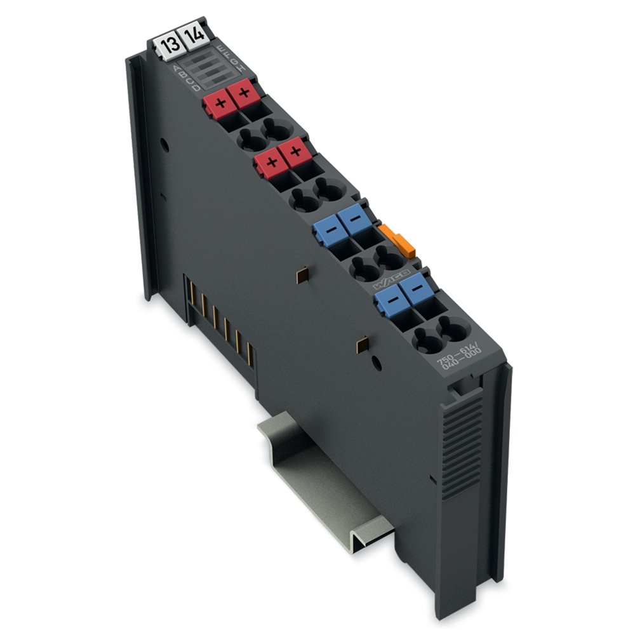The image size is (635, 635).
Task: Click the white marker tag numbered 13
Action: pos(169,46)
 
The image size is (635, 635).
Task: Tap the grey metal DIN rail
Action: pos(324,483)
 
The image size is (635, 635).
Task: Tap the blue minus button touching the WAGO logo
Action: pos(389,298)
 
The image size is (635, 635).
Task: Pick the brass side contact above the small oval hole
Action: pos(363,345)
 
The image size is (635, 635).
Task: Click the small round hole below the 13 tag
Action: pos(164,145)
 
